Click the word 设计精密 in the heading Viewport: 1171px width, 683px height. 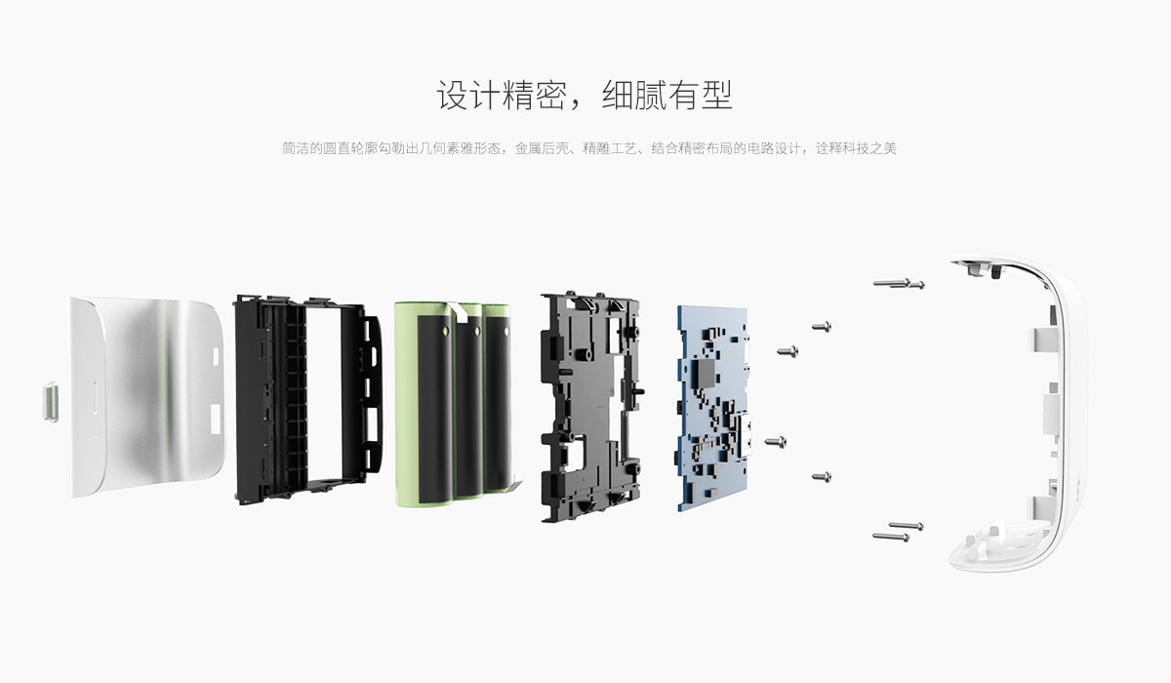pyautogui.click(x=502, y=95)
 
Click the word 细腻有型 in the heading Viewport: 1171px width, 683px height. pyautogui.click(x=667, y=95)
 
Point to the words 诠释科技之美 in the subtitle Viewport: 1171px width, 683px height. pyautogui.click(x=857, y=148)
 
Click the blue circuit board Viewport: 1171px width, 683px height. pyautogui.click(x=713, y=408)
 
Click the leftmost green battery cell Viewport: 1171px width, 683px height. pyautogui.click(x=424, y=405)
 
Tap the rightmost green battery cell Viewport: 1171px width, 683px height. pyautogui.click(x=498, y=398)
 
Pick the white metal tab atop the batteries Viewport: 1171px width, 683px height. pyautogui.click(x=460, y=312)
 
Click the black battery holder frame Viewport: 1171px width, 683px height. pyautogui.click(x=308, y=400)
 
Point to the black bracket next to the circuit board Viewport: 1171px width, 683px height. pyautogui.click(x=591, y=407)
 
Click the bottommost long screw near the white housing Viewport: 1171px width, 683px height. pyautogui.click(x=891, y=537)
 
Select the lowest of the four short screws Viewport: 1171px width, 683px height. pyautogui.click(x=822, y=476)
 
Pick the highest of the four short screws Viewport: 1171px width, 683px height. pyautogui.click(x=822, y=327)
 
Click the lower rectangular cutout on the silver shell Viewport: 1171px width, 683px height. pyautogui.click(x=216, y=419)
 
